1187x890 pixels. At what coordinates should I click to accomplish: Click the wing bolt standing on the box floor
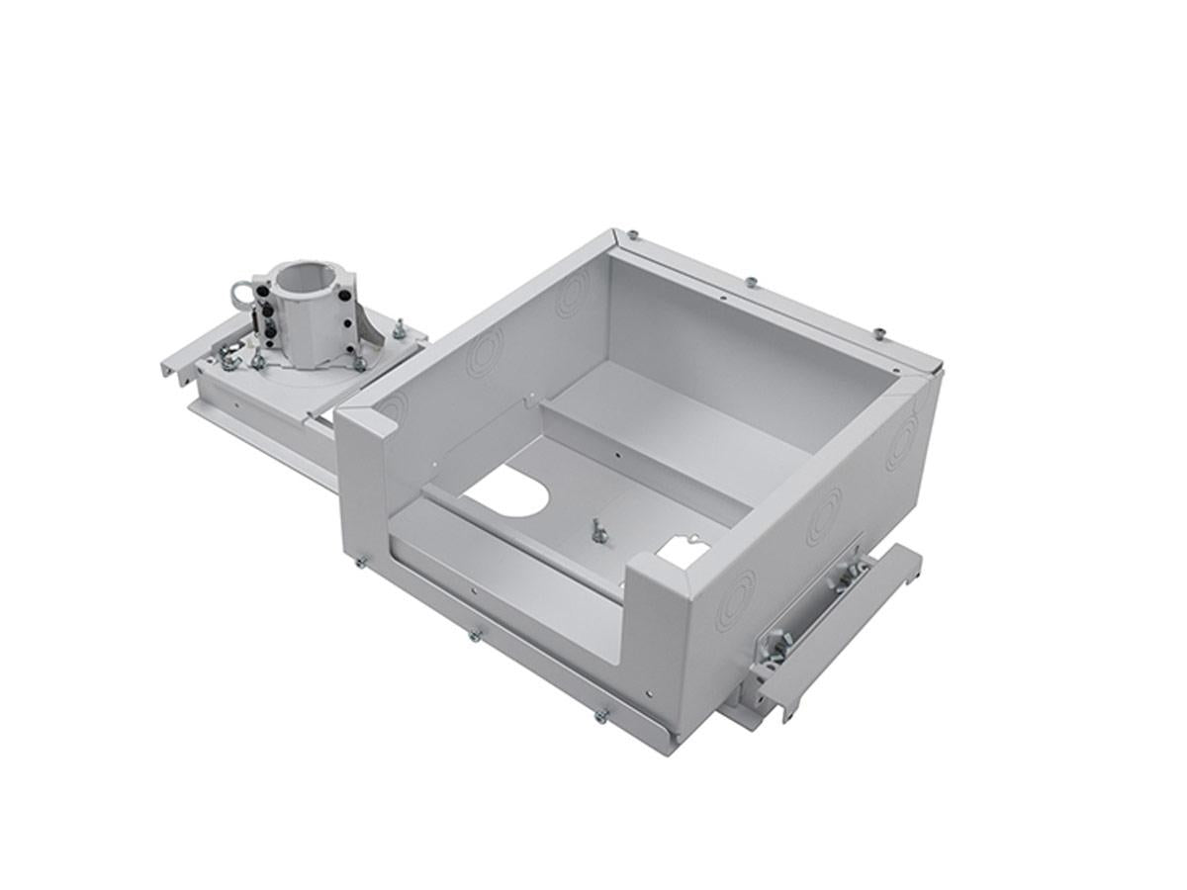596,528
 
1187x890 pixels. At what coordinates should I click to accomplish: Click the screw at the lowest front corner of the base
599,715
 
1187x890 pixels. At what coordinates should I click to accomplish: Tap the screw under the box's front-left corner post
362,564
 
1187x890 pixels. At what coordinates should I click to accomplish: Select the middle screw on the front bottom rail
475,634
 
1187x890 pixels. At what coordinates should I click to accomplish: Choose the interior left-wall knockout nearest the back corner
569,297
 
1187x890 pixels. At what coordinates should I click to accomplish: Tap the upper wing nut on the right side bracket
848,573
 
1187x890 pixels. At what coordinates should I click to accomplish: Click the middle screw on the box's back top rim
753,283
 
